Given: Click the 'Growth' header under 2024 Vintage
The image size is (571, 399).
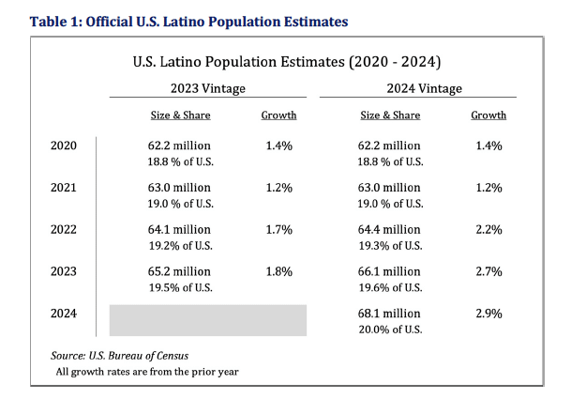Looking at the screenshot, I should point(488,115).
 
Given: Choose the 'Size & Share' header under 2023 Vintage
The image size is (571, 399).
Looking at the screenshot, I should point(180,115).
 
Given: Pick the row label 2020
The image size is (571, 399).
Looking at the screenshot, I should point(64,146).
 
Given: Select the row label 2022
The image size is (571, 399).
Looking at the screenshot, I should point(64,229).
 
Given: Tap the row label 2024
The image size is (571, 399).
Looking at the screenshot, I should point(64,313).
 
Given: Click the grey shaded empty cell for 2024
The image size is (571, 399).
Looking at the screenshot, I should point(208,320).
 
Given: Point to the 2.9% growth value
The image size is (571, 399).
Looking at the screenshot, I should point(488,313).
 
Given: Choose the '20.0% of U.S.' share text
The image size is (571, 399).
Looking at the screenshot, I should point(391,329).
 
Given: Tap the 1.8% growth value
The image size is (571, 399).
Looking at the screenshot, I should point(278,271).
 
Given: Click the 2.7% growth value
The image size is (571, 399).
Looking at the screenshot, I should point(488,271).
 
